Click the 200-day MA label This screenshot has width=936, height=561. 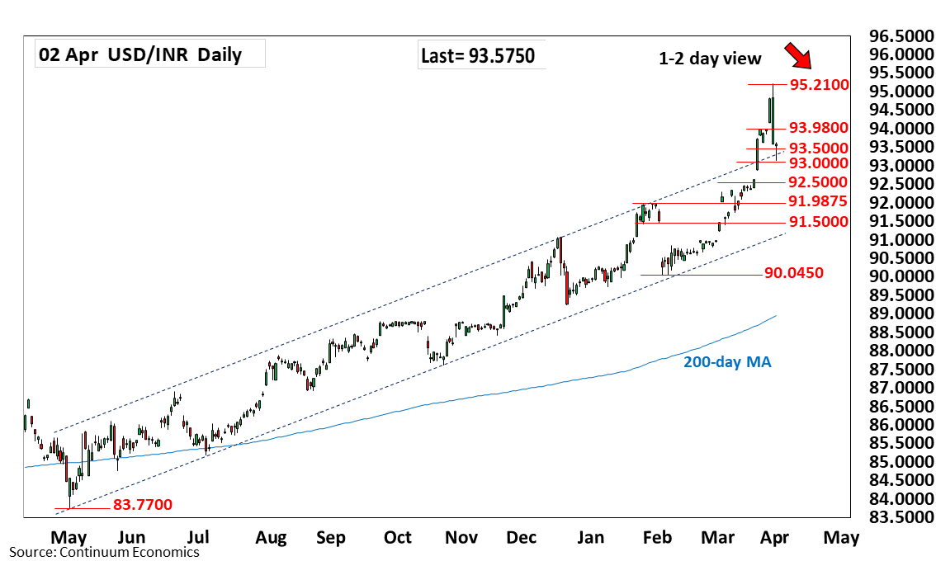click(x=727, y=361)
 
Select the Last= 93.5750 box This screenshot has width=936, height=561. click(x=478, y=56)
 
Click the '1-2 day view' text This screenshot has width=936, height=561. click(x=710, y=58)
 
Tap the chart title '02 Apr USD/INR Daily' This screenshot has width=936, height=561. click(x=139, y=55)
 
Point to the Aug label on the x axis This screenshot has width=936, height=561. click(x=271, y=539)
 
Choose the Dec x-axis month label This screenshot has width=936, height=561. click(x=522, y=539)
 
